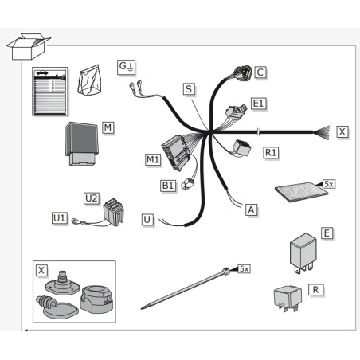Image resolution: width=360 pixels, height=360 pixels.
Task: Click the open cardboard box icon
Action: [x=28, y=46]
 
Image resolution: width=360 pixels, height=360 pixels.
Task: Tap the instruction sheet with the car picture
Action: [x=50, y=92]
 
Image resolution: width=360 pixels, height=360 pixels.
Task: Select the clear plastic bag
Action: [x=89, y=80]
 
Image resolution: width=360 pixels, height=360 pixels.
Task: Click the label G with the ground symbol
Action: [x=127, y=68]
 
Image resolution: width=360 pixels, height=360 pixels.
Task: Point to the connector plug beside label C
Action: [x=242, y=73]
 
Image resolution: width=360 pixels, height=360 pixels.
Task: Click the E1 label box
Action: [x=259, y=104]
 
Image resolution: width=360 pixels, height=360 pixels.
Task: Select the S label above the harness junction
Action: [x=189, y=89]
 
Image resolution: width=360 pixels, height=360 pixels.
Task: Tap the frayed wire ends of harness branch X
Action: [x=322, y=132]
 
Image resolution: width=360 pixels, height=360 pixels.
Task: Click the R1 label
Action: [x=271, y=153]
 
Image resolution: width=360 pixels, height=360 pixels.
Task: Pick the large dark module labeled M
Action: [x=82, y=143]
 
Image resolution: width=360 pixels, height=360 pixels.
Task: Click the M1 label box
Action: [x=153, y=160]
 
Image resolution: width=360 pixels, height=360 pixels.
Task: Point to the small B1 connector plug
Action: [x=187, y=184]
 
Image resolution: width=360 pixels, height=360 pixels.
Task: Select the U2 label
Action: [x=92, y=198]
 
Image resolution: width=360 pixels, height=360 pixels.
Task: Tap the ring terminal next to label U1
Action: [x=76, y=221]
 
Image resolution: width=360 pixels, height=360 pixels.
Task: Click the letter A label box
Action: [x=251, y=210]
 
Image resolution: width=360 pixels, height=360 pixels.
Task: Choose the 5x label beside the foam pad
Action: [x=329, y=184]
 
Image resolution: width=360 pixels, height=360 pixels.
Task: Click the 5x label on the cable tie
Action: [x=244, y=268]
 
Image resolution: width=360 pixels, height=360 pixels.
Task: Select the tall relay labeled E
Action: [x=303, y=253]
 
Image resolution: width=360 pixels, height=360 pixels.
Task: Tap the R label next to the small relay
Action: [x=316, y=290]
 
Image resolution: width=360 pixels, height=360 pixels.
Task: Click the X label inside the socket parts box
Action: [x=41, y=271]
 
